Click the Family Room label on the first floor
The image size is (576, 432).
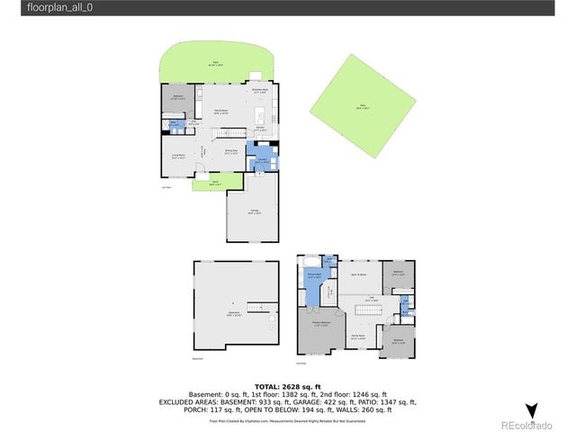[x=220, y=112]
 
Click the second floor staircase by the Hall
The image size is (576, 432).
[x=369, y=308]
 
